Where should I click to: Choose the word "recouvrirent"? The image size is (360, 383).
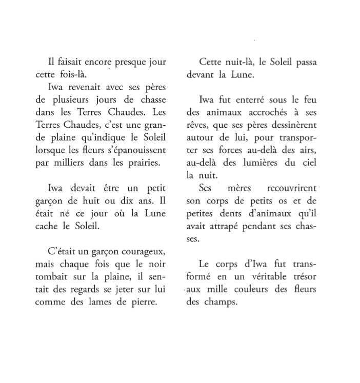pos(291,188)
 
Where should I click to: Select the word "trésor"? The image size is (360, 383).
pos(303,277)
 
